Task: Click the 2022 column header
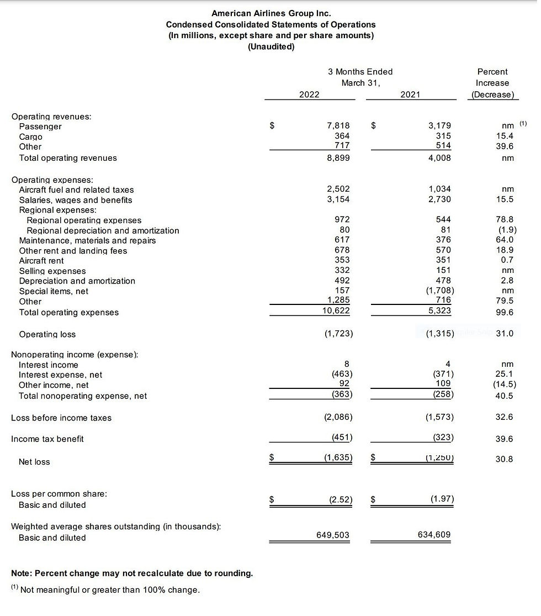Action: tap(309, 94)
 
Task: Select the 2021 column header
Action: tap(410, 94)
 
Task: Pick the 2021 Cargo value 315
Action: tap(443, 136)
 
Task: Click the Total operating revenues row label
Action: tap(68, 158)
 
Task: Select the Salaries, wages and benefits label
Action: tap(76, 200)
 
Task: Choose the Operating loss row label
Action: tap(47, 334)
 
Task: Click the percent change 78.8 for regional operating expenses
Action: tap(505, 220)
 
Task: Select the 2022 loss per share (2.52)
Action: tap(341, 499)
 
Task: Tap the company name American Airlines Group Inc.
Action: tap(271, 13)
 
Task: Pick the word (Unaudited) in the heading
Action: tap(271, 47)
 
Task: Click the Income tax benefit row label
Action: tap(47, 439)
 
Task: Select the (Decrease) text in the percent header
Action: tap(492, 94)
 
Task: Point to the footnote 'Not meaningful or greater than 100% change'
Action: tap(109, 590)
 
